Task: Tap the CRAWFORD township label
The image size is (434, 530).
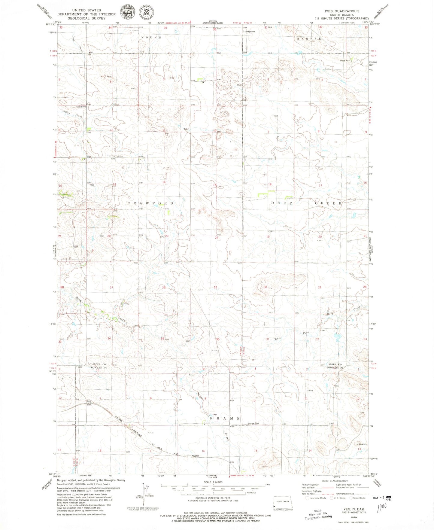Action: (150, 203)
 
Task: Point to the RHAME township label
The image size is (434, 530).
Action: (225, 419)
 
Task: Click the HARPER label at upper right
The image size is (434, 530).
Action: (309, 39)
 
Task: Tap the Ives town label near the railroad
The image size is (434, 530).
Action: (89, 401)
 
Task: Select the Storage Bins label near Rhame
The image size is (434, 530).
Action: (253, 424)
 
